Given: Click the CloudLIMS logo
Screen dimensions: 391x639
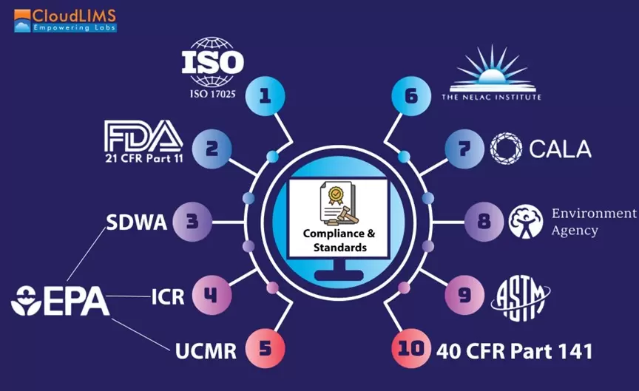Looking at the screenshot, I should (x=65, y=19).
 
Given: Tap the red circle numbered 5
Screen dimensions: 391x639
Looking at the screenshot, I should (x=412, y=95).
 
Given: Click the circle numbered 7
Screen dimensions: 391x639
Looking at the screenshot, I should (x=484, y=221).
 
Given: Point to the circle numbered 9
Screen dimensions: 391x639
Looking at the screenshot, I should (x=412, y=349).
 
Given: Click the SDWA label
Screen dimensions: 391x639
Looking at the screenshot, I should (x=137, y=222).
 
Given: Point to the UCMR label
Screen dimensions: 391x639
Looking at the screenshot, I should (x=206, y=350).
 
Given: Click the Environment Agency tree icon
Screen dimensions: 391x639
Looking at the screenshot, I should (x=526, y=221).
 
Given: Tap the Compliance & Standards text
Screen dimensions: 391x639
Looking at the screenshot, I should (x=339, y=240).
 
